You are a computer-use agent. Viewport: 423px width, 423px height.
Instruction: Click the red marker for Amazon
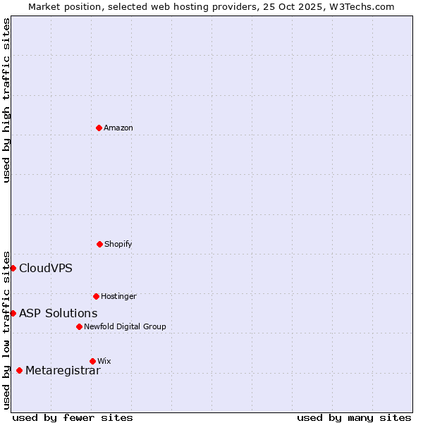(99, 128)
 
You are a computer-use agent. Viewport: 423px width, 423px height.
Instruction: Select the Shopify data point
(99, 244)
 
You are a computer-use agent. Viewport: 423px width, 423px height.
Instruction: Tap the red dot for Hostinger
(96, 296)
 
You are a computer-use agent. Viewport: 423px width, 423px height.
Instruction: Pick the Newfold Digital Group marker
(79, 326)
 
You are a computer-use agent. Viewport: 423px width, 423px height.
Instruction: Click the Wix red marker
(92, 361)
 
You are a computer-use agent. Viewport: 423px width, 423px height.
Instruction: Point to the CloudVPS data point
(13, 268)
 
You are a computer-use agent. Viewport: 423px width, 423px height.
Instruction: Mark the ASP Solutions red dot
(13, 313)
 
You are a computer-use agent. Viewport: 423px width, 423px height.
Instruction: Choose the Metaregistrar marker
(19, 370)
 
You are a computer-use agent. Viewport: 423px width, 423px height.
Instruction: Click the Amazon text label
(118, 128)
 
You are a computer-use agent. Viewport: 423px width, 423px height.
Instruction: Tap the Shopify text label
(118, 244)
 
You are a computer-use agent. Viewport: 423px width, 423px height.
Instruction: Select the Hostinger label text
(118, 296)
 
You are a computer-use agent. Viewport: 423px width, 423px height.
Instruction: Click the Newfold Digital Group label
(125, 326)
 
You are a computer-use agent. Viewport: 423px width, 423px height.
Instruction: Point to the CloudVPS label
(45, 268)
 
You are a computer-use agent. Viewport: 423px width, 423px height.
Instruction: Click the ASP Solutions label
(58, 313)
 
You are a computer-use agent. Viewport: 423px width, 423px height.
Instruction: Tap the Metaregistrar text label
(63, 371)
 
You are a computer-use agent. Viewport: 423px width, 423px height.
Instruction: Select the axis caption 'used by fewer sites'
(73, 417)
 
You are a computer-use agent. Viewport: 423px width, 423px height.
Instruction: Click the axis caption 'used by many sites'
(354, 417)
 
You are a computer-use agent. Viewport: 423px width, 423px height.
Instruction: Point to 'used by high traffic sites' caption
(6, 100)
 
